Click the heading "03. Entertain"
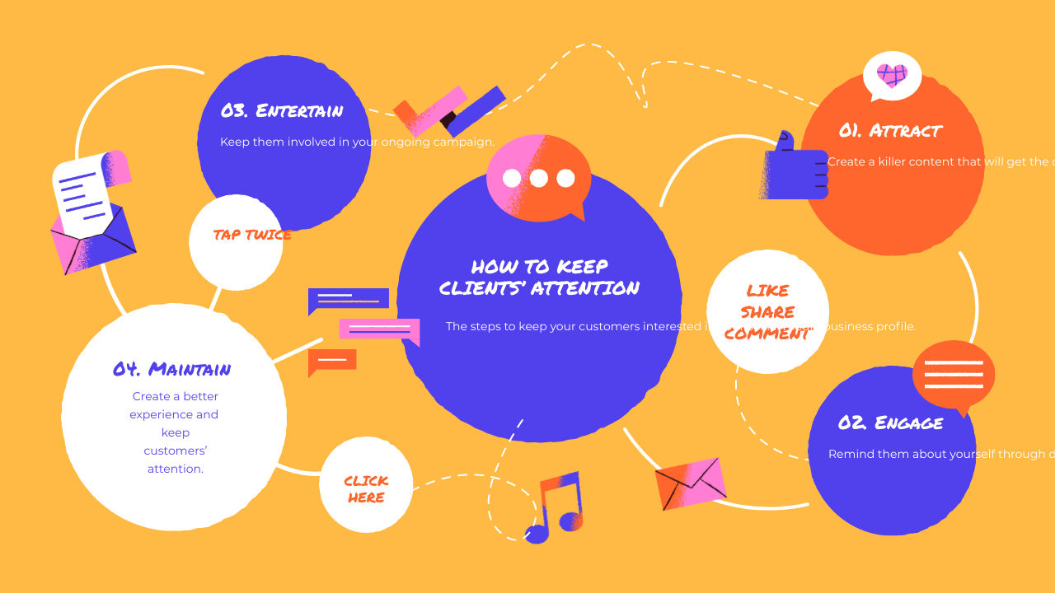pos(282,111)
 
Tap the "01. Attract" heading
pos(890,131)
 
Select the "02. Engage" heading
pos(890,423)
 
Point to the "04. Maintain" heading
pos(172,369)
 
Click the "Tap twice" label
pos(252,235)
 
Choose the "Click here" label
pos(366,489)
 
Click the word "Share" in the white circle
pos(767,312)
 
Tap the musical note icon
pos(556,508)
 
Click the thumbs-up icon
pos(793,168)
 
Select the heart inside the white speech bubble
pos(892,76)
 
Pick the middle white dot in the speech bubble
pos(538,178)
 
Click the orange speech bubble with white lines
pos(954,375)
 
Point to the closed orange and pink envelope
pos(691,483)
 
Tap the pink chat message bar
pos(379,329)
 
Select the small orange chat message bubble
pos(332,360)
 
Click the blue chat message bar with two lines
pos(349,299)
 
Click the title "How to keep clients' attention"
pos(539,278)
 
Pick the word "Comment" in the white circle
pos(767,334)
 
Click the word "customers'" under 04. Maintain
pos(175,451)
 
